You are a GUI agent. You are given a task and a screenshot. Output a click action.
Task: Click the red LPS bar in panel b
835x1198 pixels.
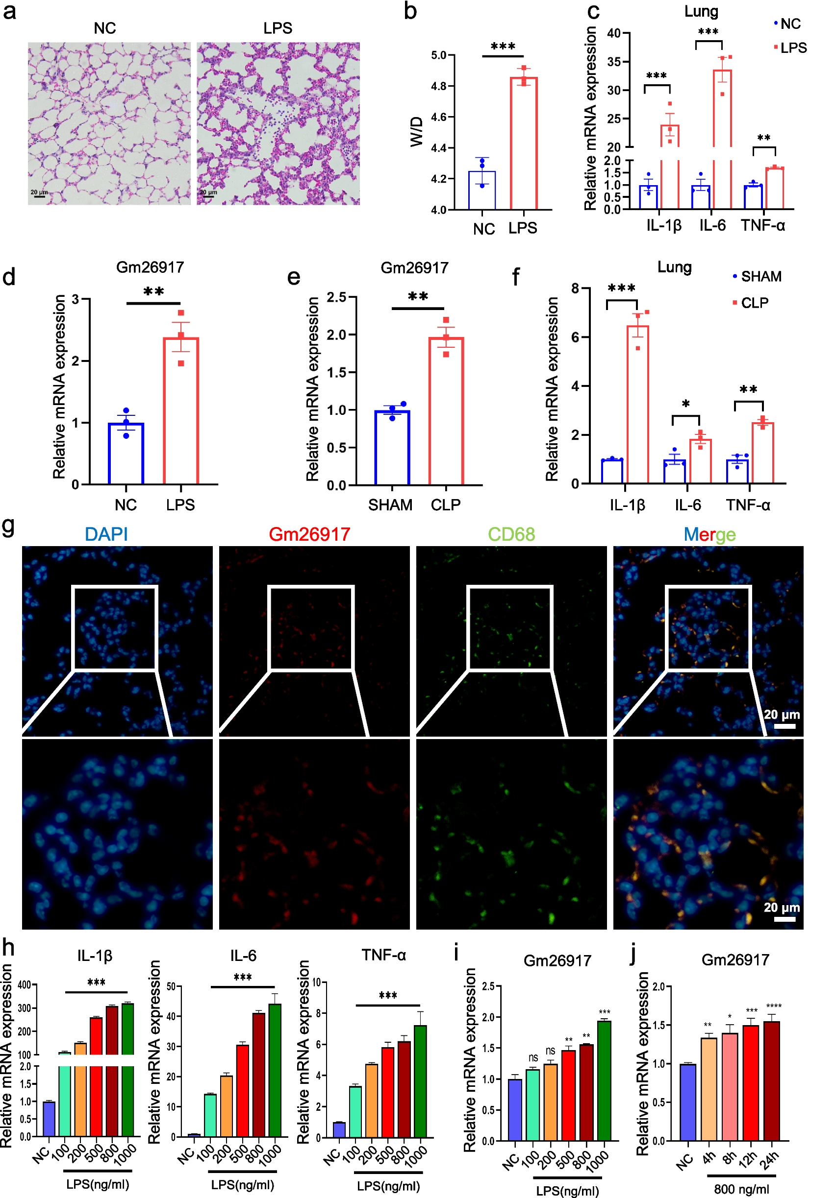(x=523, y=144)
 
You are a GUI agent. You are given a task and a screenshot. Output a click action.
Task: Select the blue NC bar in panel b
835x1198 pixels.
(x=481, y=191)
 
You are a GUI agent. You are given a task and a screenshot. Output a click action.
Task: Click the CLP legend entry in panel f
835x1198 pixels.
(x=754, y=303)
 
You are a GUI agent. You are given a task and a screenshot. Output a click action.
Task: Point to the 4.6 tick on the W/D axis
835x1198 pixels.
(x=438, y=117)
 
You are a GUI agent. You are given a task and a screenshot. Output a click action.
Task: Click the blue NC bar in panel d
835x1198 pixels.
(x=126, y=454)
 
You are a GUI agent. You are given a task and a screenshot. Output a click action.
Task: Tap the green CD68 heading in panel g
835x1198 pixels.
(x=511, y=534)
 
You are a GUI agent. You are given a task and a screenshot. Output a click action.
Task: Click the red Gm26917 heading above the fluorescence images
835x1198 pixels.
(x=309, y=534)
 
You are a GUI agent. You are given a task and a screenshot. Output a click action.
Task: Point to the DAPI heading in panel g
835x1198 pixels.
(x=106, y=534)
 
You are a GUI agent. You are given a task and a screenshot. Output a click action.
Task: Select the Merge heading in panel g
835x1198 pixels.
(x=709, y=534)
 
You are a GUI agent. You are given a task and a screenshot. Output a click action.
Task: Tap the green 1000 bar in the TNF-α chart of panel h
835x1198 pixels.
(x=420, y=1083)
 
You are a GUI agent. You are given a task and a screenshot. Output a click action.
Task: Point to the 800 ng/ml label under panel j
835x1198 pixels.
(x=741, y=1189)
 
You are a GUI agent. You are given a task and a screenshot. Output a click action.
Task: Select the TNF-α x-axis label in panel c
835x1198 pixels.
(x=762, y=225)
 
